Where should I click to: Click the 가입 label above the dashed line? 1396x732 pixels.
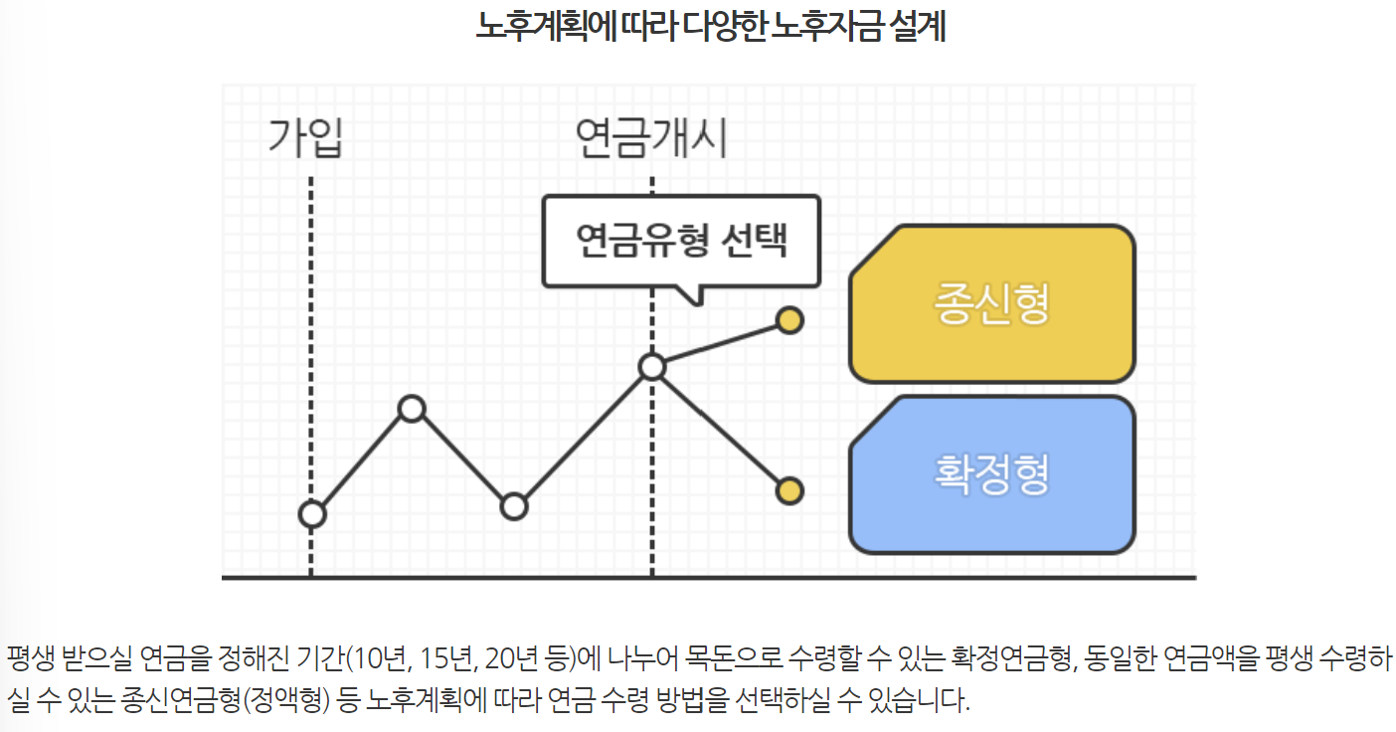pos(305,138)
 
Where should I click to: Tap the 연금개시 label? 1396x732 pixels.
pos(651,138)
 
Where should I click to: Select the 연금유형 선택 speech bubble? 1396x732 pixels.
pos(681,241)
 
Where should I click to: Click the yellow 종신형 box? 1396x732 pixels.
pos(991,304)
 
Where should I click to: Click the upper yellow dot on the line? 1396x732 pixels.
pos(789,320)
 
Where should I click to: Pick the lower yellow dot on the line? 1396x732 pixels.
pos(789,490)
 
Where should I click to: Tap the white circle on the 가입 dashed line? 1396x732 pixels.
pos(312,514)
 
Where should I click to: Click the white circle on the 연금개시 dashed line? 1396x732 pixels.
pos(651,367)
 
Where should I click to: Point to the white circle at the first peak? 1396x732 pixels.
pos(412,409)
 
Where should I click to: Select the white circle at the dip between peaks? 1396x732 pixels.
pos(513,506)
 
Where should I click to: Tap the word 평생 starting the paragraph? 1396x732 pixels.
pos(30,658)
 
